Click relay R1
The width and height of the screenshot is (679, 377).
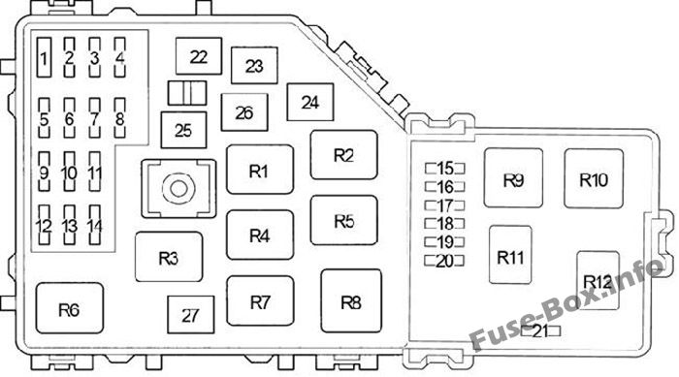[x=260, y=170]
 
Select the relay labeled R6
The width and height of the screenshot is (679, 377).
[x=69, y=308]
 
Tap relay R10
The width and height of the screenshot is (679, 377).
[x=594, y=178]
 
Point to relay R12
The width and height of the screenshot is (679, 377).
[x=598, y=280]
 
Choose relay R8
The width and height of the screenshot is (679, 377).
[x=351, y=300]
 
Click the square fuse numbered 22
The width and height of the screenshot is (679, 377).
[x=199, y=56]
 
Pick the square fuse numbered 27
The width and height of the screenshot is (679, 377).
[x=190, y=315]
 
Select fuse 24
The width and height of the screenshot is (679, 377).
[x=310, y=102]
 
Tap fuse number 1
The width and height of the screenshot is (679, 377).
[x=45, y=57]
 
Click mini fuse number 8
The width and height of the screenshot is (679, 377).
[x=120, y=117]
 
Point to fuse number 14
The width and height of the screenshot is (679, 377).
[x=95, y=225]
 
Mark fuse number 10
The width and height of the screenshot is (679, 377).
[x=69, y=172]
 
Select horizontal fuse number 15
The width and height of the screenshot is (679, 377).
[x=444, y=168]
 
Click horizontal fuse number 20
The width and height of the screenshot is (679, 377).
[x=444, y=261]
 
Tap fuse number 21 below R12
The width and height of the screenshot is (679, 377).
[x=541, y=331]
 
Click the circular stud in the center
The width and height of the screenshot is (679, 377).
[x=178, y=189]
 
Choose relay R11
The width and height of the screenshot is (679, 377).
[x=510, y=255]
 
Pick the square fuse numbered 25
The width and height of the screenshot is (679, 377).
[x=183, y=130]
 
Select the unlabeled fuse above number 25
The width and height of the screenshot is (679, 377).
[x=187, y=93]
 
